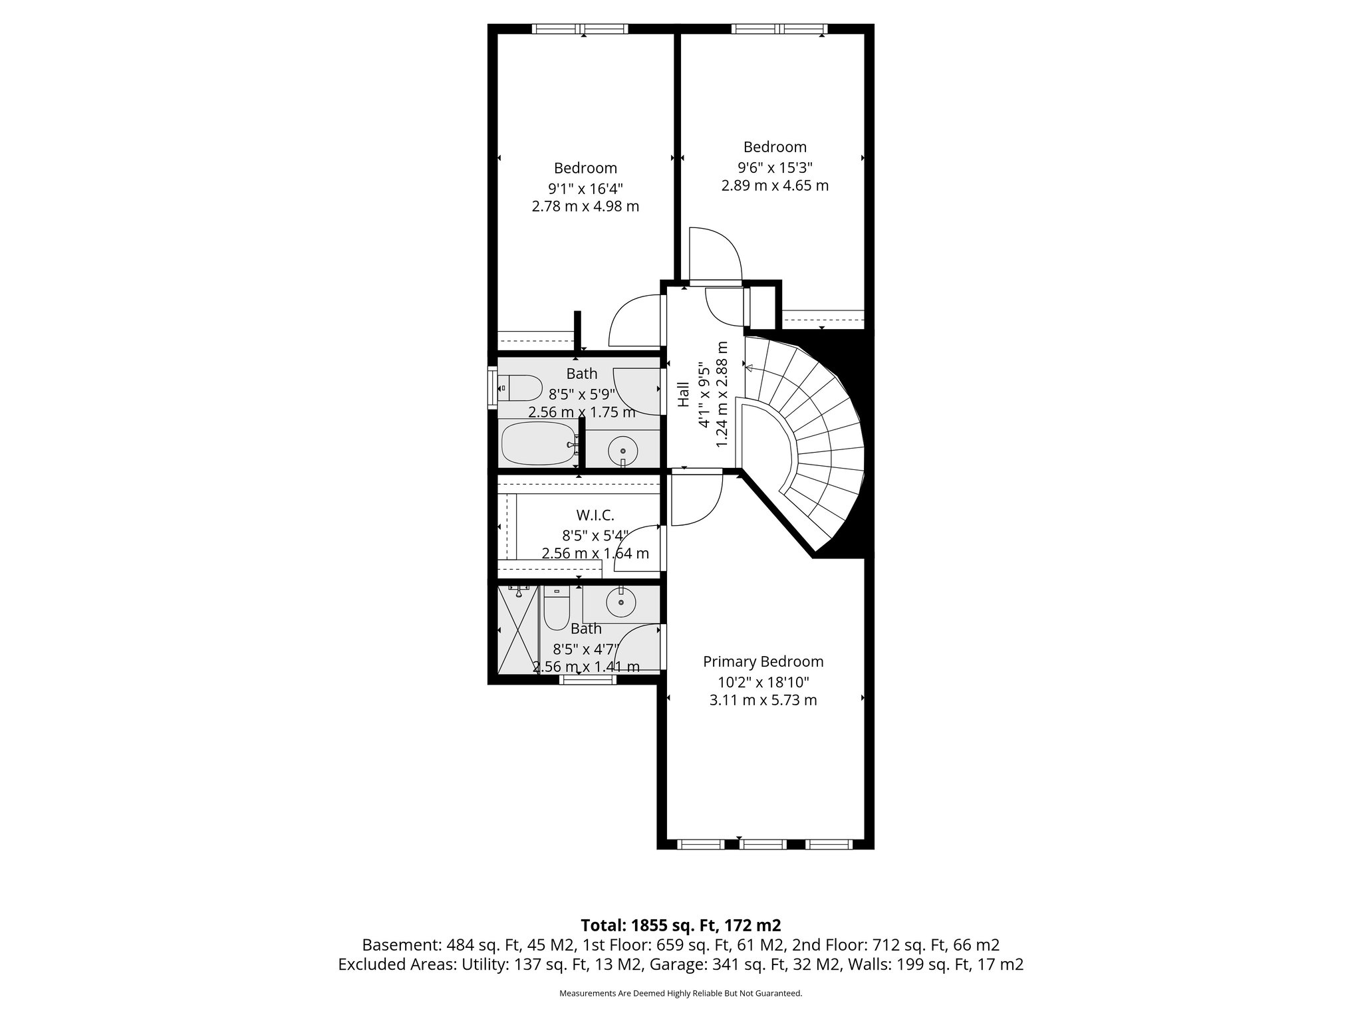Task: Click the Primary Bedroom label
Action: pos(763,661)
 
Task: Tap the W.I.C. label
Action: pos(595,514)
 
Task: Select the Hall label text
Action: pos(684,395)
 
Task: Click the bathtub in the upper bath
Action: pos(537,444)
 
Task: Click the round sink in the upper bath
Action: pos(622,449)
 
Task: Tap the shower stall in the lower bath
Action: pos(517,630)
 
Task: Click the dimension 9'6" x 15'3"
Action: pos(775,168)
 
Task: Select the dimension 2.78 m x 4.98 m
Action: pos(585,206)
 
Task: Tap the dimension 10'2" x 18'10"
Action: pos(763,681)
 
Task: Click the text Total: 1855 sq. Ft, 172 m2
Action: pos(680,925)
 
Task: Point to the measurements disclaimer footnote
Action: pos(680,994)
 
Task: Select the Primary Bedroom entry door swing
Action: pos(695,499)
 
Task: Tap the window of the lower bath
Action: pos(587,679)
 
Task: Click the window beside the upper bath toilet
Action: pos(492,387)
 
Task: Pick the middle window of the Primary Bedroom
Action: pos(763,844)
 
